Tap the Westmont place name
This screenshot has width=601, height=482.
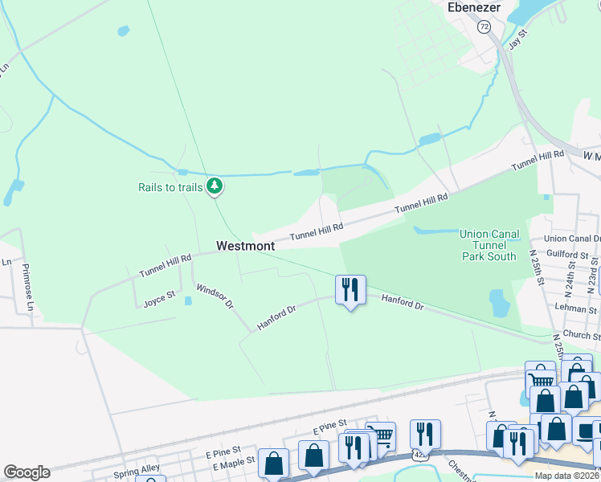tap(245, 246)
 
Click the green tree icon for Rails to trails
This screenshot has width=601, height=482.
tap(214, 186)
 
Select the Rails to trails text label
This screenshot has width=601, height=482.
tap(170, 188)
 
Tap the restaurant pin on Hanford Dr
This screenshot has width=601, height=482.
tap(350, 290)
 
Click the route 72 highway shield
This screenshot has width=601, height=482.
tap(484, 27)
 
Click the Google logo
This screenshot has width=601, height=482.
tap(27, 472)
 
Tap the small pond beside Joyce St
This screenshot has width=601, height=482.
tap(187, 301)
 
